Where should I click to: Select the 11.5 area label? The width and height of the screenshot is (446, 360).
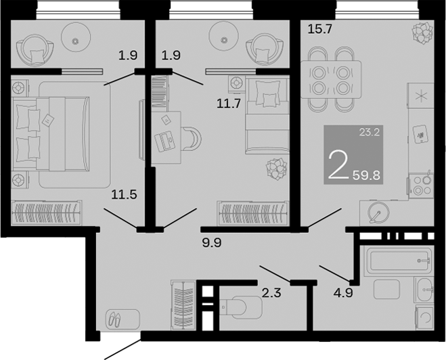125,195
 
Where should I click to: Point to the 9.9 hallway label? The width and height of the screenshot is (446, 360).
212,241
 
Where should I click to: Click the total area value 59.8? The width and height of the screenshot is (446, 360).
366,175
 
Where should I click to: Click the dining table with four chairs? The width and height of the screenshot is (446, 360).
330,79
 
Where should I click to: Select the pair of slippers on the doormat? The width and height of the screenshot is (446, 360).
114,317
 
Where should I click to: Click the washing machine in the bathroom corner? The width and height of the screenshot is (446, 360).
425,317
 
